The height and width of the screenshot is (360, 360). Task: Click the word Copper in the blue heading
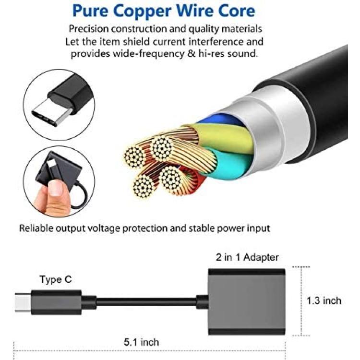click(x=143, y=12)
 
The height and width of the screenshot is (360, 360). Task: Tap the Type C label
click(x=56, y=279)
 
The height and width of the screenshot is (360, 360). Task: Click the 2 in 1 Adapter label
click(x=247, y=257)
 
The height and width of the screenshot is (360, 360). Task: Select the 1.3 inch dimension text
click(x=324, y=300)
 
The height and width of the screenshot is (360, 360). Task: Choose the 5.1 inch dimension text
click(x=142, y=342)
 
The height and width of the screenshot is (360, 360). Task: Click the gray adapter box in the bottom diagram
click(x=247, y=302)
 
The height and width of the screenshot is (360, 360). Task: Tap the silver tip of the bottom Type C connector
click(x=23, y=302)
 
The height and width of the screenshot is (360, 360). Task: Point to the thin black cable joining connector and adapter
click(x=146, y=302)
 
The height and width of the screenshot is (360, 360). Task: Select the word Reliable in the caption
click(x=36, y=228)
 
